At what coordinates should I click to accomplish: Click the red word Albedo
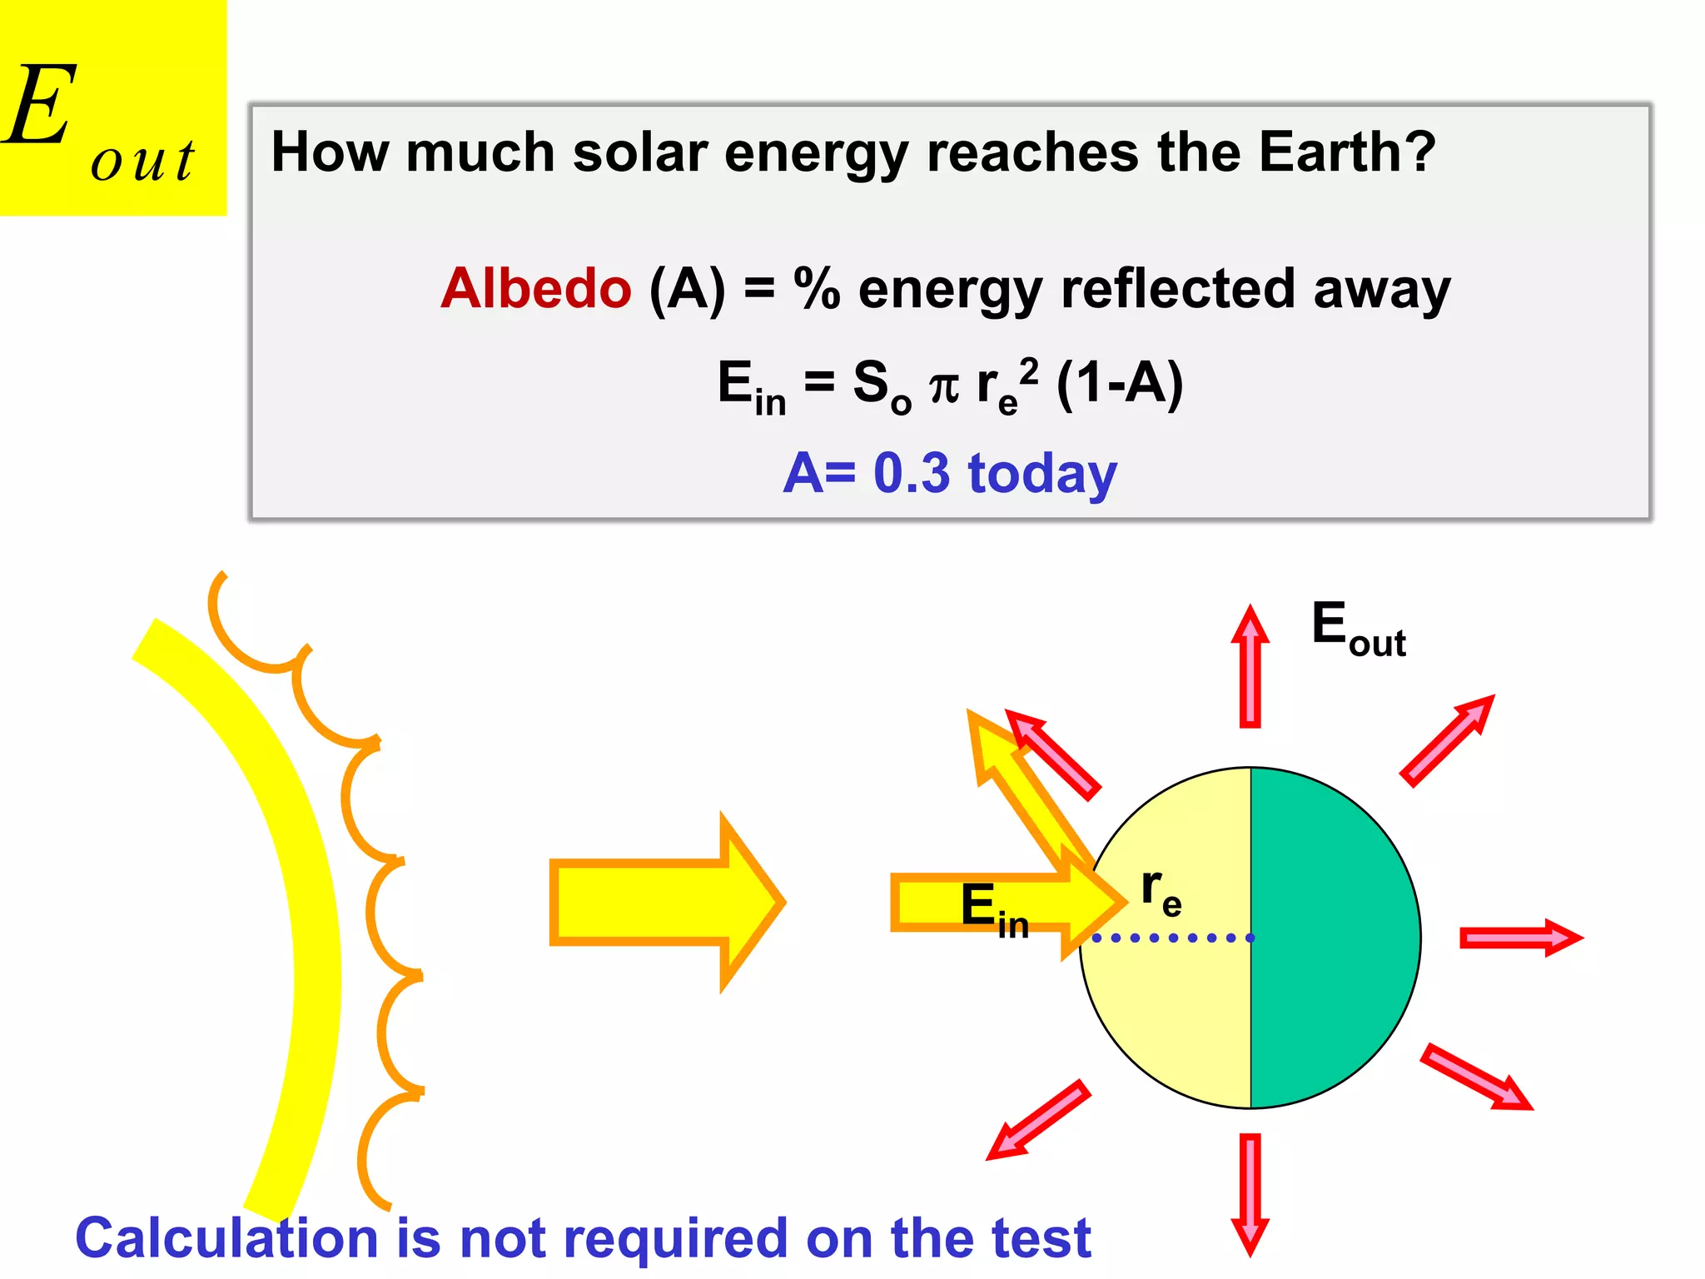(x=536, y=288)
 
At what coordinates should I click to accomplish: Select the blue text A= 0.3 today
(x=950, y=473)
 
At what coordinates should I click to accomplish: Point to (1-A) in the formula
(x=1119, y=384)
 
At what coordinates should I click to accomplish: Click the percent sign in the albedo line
(x=817, y=288)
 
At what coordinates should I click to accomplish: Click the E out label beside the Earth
(x=1357, y=629)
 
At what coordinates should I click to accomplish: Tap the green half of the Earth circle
(x=1332, y=938)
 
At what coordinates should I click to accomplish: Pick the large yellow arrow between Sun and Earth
(x=666, y=902)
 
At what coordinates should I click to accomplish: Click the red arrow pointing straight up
(x=1250, y=666)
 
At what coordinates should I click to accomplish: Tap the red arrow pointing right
(x=1519, y=938)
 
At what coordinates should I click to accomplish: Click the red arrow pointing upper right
(x=1447, y=739)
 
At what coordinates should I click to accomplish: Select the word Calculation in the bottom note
(x=225, y=1238)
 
